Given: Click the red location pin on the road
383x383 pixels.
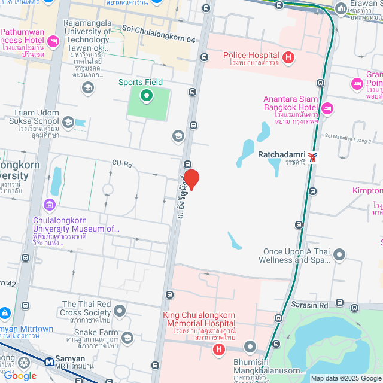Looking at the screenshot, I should [x=191, y=180].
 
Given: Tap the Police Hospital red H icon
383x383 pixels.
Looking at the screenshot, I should [x=288, y=57].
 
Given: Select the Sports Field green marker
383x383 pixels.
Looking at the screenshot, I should [x=146, y=95].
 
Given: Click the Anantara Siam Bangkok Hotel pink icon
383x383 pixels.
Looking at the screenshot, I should [x=327, y=108].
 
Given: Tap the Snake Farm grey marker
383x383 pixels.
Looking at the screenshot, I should [x=127, y=339].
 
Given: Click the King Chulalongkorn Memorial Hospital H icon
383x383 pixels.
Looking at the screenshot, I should [x=220, y=349].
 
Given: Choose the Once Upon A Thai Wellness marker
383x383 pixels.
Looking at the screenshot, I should [x=339, y=256].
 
